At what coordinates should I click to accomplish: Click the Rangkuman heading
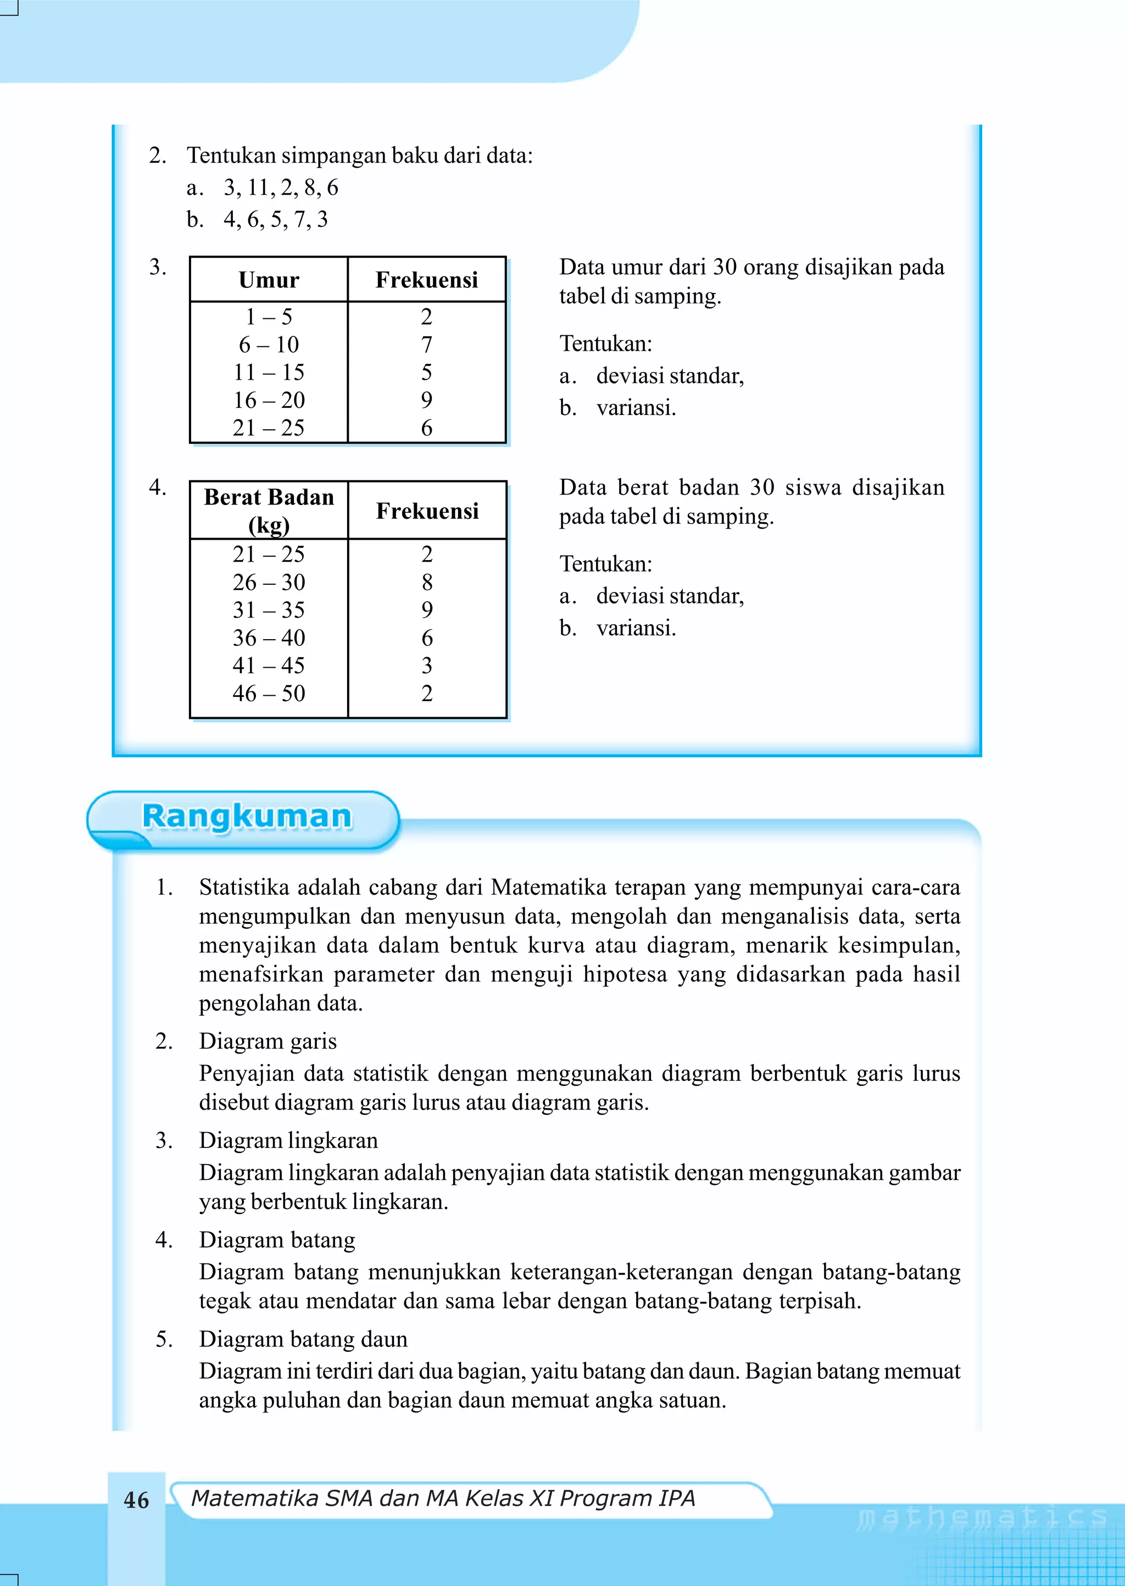coord(247,816)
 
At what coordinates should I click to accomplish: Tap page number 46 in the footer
coord(136,1500)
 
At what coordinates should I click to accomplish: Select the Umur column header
coord(269,280)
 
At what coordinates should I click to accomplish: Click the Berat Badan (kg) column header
coord(269,510)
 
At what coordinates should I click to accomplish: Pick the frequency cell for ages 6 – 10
coord(427,345)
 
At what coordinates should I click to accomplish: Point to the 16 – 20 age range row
coord(269,400)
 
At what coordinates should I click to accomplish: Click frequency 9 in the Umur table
coord(427,400)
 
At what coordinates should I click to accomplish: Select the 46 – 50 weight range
coord(269,693)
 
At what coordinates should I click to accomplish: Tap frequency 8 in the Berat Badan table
coord(427,582)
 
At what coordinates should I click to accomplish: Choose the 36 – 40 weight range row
coord(269,637)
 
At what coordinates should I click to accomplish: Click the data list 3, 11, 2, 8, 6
coord(281,187)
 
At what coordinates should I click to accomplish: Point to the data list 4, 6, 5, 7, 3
coord(275,220)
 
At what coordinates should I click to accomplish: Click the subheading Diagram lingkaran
coord(288,1140)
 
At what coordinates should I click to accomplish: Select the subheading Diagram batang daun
coord(303,1338)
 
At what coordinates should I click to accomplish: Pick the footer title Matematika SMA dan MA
coord(442,1498)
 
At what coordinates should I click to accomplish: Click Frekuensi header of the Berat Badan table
coord(427,511)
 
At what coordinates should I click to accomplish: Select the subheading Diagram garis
coord(268,1041)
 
